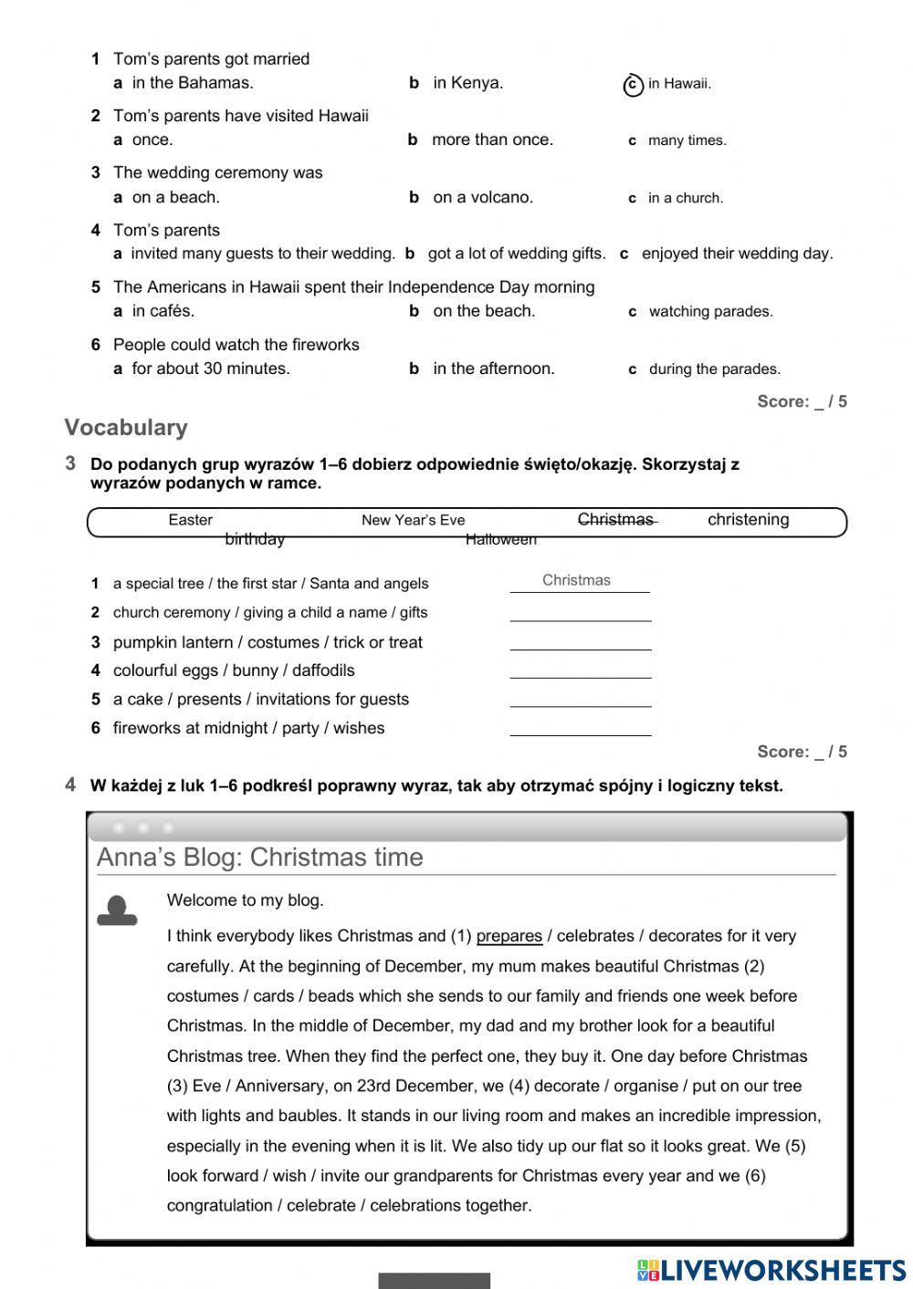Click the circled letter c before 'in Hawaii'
pyautogui.click(x=633, y=85)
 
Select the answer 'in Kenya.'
pyautogui.click(x=467, y=83)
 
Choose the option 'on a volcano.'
pyautogui.click(x=482, y=197)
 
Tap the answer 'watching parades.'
pyautogui.click(x=710, y=312)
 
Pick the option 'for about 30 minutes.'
pyautogui.click(x=210, y=369)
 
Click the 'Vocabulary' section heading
pyautogui.click(x=126, y=427)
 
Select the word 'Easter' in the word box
pyautogui.click(x=190, y=520)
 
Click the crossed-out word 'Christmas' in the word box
pyautogui.click(x=616, y=519)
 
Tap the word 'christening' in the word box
pyautogui.click(x=748, y=520)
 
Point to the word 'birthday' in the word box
pyautogui.click(x=255, y=539)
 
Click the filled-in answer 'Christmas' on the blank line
pyautogui.click(x=576, y=580)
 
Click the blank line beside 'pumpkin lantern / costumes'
pyautogui.click(x=581, y=642)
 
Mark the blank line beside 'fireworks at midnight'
pyautogui.click(x=581, y=728)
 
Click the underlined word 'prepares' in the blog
pyautogui.click(x=509, y=936)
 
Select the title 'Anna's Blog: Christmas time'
pyautogui.click(x=260, y=858)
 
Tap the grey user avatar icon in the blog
pyautogui.click(x=117, y=910)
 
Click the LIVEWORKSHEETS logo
pyautogui.click(x=771, y=1270)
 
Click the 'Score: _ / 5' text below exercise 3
pyautogui.click(x=802, y=752)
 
